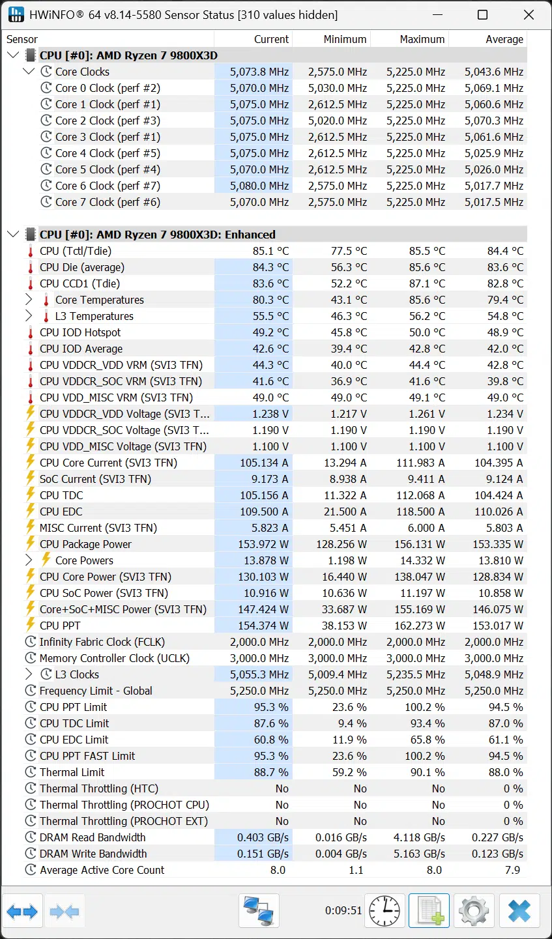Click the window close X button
coord(529,15)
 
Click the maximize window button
coord(482,15)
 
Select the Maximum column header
coord(422,39)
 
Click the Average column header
coord(504,39)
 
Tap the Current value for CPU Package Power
coord(263,544)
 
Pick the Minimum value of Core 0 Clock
coord(338,88)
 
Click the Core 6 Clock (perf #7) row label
coord(108,186)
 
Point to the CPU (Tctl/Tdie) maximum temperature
coord(427,251)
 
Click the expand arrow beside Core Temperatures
coord(29,300)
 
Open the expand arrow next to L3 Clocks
coord(29,674)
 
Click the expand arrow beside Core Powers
coord(29,560)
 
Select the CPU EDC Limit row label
coord(74,740)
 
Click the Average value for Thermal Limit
coord(506,772)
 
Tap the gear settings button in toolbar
coord(474,910)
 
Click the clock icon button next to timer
coord(385,910)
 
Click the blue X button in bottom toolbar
coord(519,910)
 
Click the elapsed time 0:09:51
coord(343,910)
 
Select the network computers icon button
coord(259,910)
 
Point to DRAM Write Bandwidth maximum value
coord(419,854)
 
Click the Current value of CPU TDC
coord(264,495)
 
